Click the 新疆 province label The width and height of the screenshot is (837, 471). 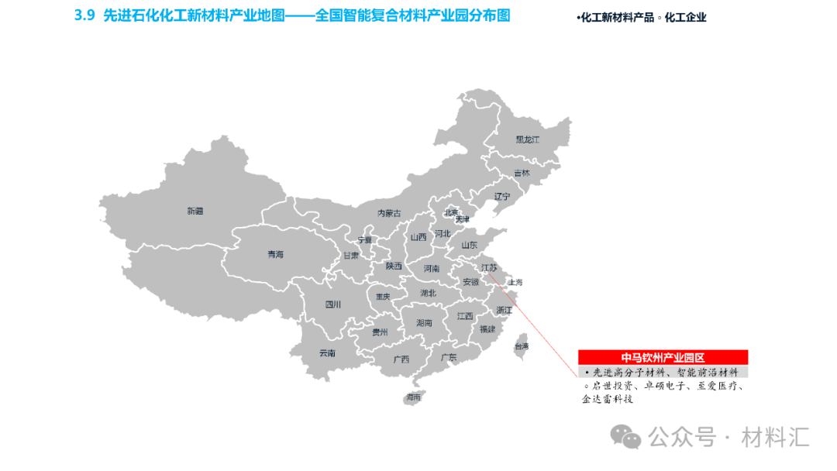point(195,211)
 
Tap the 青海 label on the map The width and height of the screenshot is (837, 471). point(275,254)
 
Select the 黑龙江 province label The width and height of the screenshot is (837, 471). point(527,139)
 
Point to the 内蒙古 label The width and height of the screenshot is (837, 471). point(389,213)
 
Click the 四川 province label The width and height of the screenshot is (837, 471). point(332,304)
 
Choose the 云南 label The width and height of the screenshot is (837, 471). point(327,353)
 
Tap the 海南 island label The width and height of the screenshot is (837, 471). point(412,397)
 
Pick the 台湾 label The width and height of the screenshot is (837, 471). point(522,346)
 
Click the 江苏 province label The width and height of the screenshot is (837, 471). point(489,267)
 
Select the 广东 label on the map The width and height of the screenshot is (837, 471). point(448,358)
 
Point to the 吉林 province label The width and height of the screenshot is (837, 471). point(522,173)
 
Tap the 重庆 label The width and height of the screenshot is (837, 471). point(383,296)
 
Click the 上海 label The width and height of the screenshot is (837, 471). point(515,283)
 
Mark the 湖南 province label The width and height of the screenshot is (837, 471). point(424,322)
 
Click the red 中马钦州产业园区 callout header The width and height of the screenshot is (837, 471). point(663,357)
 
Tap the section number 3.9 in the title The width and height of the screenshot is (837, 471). point(84,15)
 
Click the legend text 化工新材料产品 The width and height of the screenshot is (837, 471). point(617,18)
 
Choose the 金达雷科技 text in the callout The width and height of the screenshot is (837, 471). point(608,400)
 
